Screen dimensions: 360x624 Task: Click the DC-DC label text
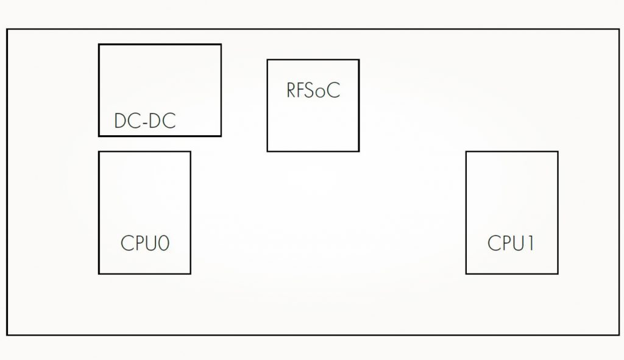[x=145, y=121]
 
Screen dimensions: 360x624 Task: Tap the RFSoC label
[x=313, y=91]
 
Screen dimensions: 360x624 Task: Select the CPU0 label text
[x=145, y=244]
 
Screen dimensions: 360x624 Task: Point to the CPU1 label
[x=511, y=244]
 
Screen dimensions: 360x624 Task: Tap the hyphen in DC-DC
[x=145, y=122]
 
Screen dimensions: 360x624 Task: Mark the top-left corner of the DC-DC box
[x=99, y=44]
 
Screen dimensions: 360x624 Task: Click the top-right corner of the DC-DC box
[x=221, y=44]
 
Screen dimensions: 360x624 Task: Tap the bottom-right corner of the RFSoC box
[x=358, y=150]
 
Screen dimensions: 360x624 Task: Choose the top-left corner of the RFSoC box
[x=268, y=60]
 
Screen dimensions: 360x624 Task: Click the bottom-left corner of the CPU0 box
[x=99, y=274]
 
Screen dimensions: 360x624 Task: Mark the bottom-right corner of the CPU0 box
[x=190, y=274]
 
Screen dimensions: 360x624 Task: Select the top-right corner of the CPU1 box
[x=558, y=152]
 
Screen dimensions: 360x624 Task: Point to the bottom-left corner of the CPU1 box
[x=466, y=274]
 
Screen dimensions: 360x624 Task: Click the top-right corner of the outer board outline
[x=619, y=29]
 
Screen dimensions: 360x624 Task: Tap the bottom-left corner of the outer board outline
[x=7, y=334]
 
